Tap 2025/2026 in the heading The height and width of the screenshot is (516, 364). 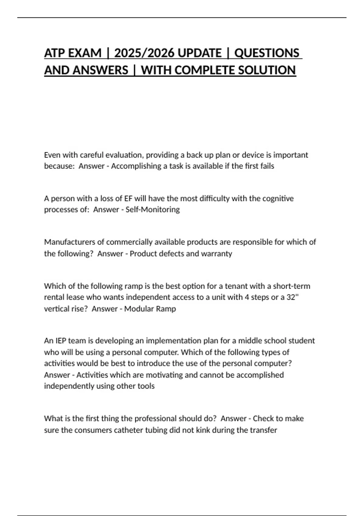pos(144,53)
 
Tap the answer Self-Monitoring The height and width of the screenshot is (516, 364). pos(153,210)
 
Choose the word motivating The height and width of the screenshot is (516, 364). pos(164,375)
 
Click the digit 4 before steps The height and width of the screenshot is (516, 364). pos(247,297)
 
